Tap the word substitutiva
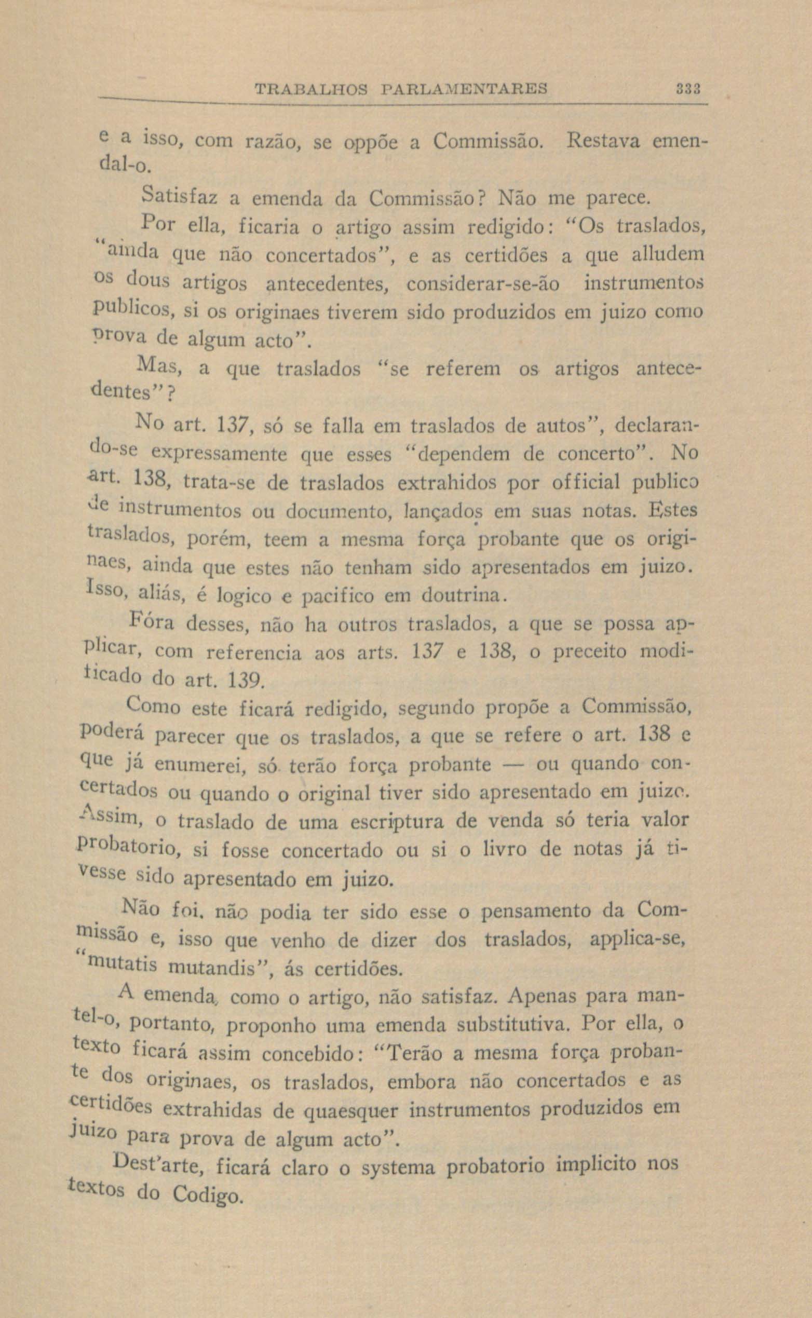pyautogui.click(x=514, y=1024)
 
